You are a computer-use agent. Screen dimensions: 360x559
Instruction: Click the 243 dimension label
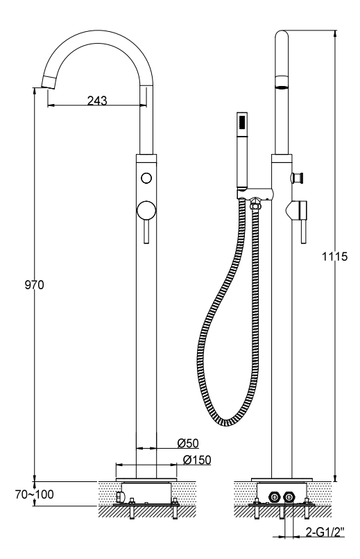pos(97,101)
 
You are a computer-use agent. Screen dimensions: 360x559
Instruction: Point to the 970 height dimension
pos(34,285)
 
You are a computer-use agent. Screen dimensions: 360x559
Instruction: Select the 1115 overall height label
pos(335,257)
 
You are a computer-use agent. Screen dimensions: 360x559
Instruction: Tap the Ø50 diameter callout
pos(188,443)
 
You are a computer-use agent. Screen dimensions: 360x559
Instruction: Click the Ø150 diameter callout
pos(197,460)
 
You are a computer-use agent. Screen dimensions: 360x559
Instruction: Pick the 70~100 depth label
pos(34,494)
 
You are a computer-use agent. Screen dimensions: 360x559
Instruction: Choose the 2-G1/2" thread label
pos(325,532)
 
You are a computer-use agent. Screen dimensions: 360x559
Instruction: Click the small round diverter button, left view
pos(146,178)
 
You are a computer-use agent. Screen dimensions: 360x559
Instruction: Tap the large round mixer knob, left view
pos(146,211)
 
